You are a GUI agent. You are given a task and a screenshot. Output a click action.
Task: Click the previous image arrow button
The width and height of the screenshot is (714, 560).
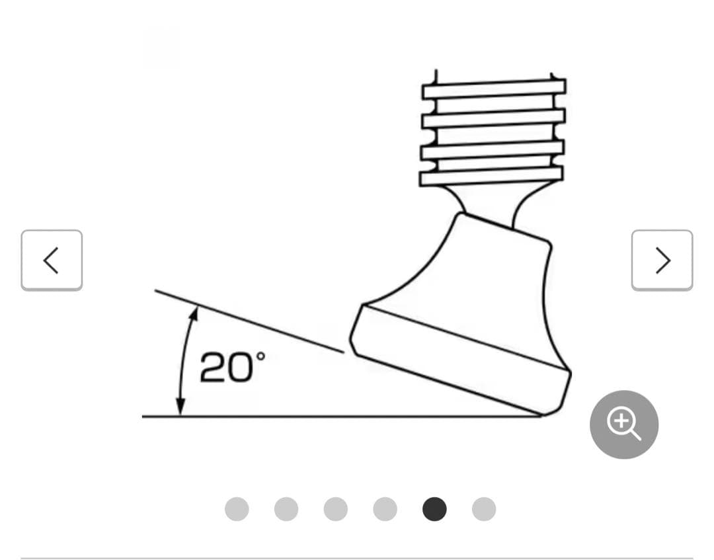pyautogui.click(x=52, y=260)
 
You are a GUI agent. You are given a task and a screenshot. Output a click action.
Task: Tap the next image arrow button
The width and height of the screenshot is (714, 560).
pyautogui.click(x=662, y=260)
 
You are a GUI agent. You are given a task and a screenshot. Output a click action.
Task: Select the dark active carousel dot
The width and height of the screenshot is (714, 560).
pyautogui.click(x=434, y=509)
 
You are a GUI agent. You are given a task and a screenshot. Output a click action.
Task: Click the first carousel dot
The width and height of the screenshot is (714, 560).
pyautogui.click(x=237, y=509)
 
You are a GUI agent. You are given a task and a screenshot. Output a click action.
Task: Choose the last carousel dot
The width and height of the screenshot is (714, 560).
pyautogui.click(x=483, y=509)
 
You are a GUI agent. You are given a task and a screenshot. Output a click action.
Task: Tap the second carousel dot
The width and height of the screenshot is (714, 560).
pyautogui.click(x=286, y=509)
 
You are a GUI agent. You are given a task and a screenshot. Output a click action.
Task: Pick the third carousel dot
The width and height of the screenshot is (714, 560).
pyautogui.click(x=336, y=509)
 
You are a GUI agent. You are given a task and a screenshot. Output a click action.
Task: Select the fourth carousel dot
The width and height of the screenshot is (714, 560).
pyautogui.click(x=385, y=509)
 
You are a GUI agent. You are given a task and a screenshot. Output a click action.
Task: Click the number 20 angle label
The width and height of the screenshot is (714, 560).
pyautogui.click(x=226, y=368)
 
